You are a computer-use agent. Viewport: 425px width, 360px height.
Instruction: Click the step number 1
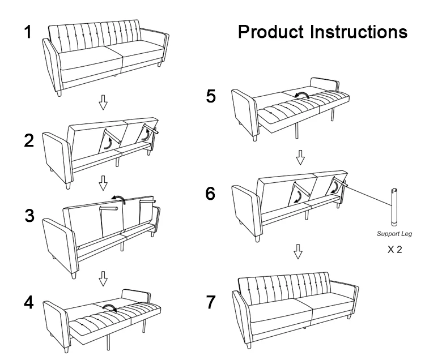pyautogui.click(x=27, y=32)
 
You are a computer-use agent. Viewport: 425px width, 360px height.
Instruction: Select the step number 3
pyautogui.click(x=29, y=217)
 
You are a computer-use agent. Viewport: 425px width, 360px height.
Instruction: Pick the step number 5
pyautogui.click(x=210, y=97)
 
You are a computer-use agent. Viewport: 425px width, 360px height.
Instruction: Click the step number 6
pyautogui.click(x=210, y=194)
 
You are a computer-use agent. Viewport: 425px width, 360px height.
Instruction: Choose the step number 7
pyautogui.click(x=210, y=302)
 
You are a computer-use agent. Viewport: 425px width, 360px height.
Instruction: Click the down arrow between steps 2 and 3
pyautogui.click(x=103, y=182)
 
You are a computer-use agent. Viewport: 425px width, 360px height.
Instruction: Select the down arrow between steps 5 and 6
pyautogui.click(x=301, y=156)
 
